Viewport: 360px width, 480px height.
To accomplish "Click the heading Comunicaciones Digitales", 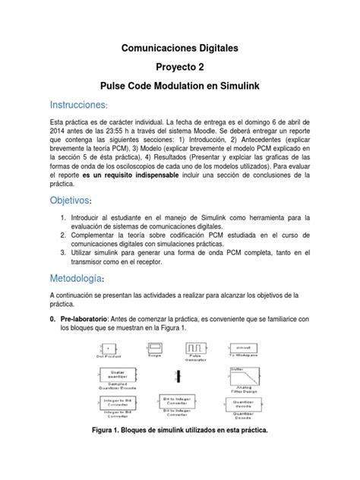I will click(180, 48).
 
